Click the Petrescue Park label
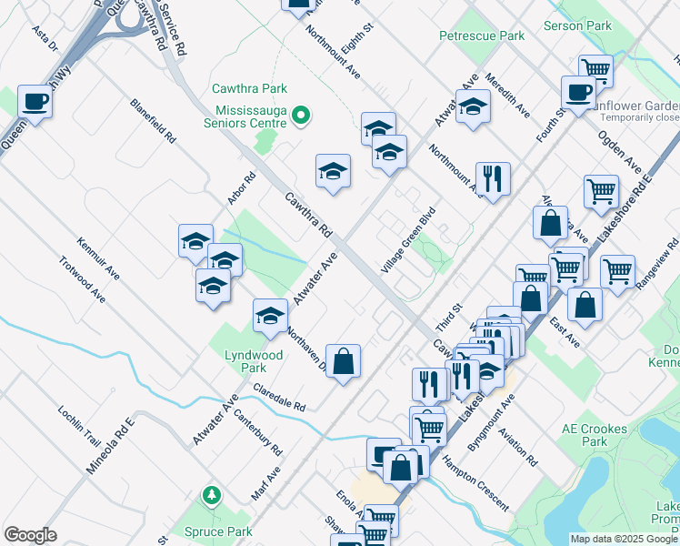pyautogui.click(x=482, y=36)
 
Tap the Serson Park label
pyautogui.click(x=577, y=25)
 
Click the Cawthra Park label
pyautogui.click(x=249, y=89)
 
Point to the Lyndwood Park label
pyautogui.click(x=246, y=361)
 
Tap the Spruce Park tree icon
pyautogui.click(x=212, y=495)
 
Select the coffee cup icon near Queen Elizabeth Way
pyautogui.click(x=35, y=101)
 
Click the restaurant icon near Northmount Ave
pyautogui.click(x=492, y=178)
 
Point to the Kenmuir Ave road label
pyautogui.click(x=99, y=258)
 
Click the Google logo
pyautogui.click(x=30, y=535)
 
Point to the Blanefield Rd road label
pyautogui.click(x=152, y=121)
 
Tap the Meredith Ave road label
pyautogui.click(x=507, y=95)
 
